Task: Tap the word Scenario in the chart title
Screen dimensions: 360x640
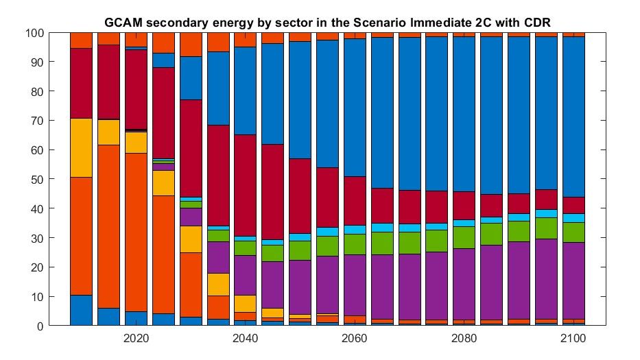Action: (x=358, y=23)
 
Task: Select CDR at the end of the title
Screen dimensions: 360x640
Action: (x=536, y=23)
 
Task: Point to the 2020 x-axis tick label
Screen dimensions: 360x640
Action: (x=136, y=339)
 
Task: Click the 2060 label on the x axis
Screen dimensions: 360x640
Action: (x=355, y=339)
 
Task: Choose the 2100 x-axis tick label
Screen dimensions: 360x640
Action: (x=573, y=339)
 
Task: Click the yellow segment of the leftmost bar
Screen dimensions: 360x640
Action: (x=81, y=147)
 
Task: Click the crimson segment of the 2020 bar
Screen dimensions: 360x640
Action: (x=136, y=90)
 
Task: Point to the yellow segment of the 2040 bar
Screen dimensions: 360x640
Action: (x=245, y=303)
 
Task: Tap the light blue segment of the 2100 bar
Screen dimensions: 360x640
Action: (x=573, y=218)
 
